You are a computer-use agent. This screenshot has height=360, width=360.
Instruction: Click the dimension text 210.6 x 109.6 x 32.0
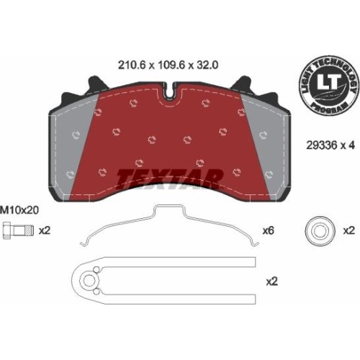(168, 66)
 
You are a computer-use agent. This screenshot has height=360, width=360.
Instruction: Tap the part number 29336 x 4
(330, 145)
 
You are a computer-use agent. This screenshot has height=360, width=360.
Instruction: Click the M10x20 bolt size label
(19, 210)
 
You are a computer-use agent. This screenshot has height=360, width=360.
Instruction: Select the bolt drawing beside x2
(18, 230)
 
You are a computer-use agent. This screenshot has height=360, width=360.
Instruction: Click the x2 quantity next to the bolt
(45, 230)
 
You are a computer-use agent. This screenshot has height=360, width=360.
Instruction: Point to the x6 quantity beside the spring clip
(269, 231)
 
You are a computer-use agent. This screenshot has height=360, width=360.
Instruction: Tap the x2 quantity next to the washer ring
(348, 230)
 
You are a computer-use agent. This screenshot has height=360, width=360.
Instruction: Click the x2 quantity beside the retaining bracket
(272, 282)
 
